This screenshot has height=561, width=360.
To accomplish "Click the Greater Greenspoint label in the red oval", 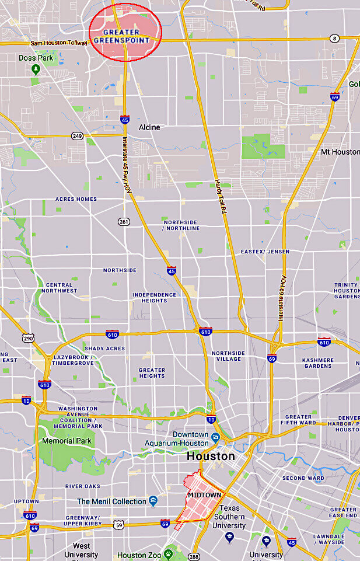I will (x=126, y=36).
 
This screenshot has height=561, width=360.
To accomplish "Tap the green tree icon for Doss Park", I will (x=36, y=70).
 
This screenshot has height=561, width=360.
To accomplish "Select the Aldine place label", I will (x=149, y=127).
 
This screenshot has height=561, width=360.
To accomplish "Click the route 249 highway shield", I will (x=77, y=135).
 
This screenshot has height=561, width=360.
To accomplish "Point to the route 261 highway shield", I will (x=124, y=221).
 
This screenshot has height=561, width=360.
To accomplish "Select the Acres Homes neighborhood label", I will (x=76, y=199).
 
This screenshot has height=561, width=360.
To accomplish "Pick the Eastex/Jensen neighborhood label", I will (x=265, y=252).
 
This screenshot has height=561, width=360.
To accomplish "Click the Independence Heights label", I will (x=154, y=298).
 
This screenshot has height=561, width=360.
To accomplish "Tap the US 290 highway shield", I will (x=28, y=339).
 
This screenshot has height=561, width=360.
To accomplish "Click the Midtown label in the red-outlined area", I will (x=204, y=494).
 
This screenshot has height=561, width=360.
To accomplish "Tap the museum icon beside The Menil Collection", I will (x=153, y=501).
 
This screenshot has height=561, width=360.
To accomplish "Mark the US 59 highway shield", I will (x=119, y=524).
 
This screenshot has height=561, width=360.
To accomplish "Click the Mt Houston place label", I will (x=340, y=152).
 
